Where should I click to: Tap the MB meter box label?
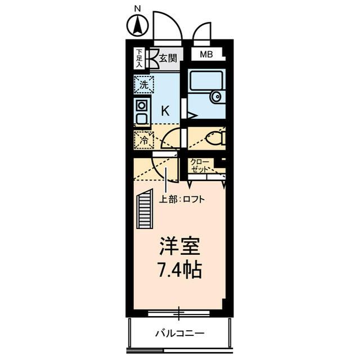click(206, 55)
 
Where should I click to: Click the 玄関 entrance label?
click(167, 57)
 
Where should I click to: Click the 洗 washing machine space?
click(143, 85)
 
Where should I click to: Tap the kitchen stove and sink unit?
click(141, 112)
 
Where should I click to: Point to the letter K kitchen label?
click(165, 111)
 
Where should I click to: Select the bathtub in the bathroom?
click(206, 82)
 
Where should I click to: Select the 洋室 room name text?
click(179, 247)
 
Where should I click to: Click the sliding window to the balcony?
click(179, 312)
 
